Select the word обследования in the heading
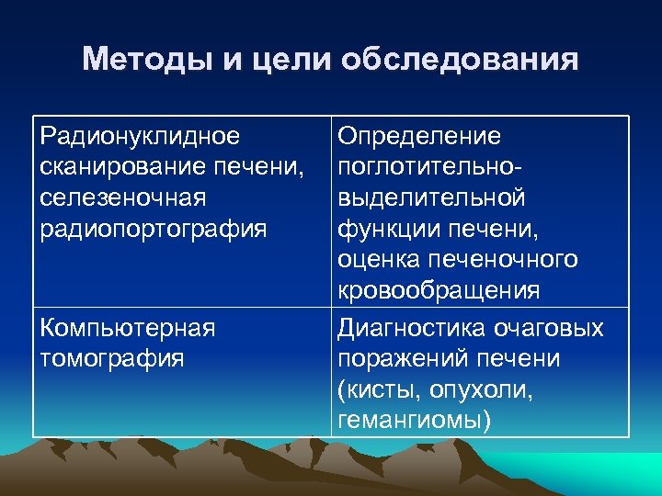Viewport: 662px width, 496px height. coord(460,61)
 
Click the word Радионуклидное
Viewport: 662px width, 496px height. coord(141,136)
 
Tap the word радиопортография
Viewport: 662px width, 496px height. coord(154,229)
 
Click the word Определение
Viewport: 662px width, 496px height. coord(419,136)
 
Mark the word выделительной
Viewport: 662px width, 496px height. coord(431,197)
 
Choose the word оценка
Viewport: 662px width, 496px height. coord(380,260)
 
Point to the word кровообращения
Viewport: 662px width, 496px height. coord(439,291)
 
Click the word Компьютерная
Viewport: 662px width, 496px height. coord(128,328)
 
